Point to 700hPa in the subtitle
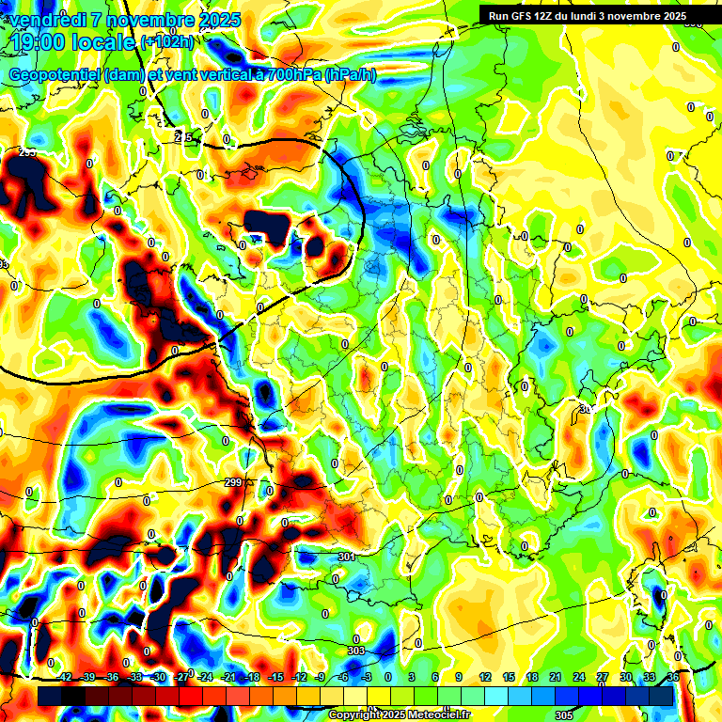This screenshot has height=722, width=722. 292,75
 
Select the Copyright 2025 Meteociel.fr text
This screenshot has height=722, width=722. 399,714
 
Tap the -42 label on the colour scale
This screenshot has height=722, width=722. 64,677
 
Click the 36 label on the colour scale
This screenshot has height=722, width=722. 672,677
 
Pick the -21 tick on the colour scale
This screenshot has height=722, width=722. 228,677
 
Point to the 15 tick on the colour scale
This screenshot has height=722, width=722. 508,677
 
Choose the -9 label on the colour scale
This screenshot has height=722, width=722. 321,677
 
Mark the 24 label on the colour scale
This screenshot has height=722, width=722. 578,677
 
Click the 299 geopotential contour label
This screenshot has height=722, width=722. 234,482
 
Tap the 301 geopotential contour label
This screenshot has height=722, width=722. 346,557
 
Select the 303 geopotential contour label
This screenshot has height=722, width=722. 355,651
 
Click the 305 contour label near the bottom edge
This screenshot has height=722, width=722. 563,715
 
